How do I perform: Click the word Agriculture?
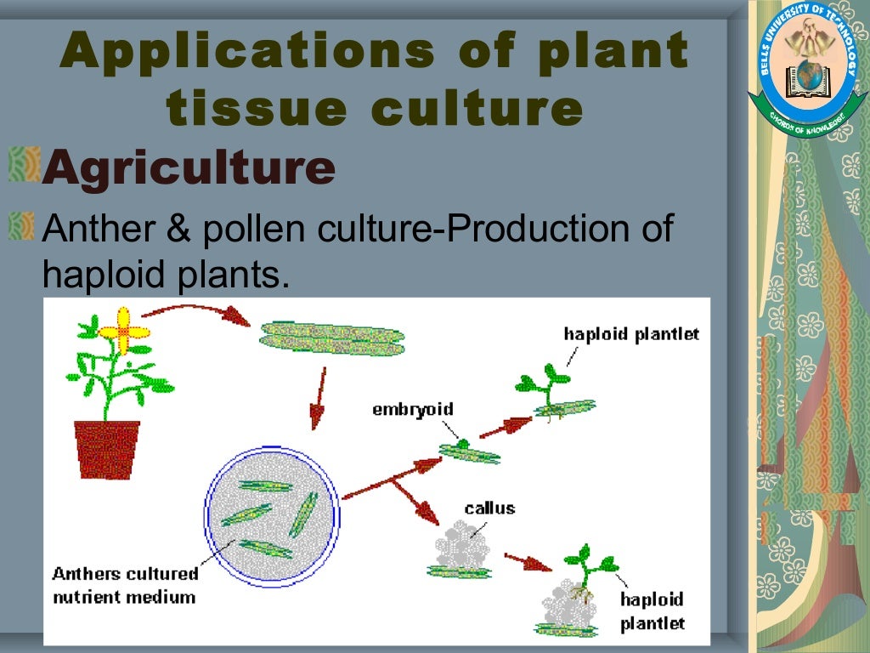coord(189,168)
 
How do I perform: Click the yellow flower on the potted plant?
coord(123,330)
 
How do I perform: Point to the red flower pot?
coord(107,446)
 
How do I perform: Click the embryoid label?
coord(413,410)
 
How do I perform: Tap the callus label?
coord(489,508)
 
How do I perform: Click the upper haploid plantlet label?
coord(631,334)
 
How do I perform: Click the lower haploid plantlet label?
coord(652,611)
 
